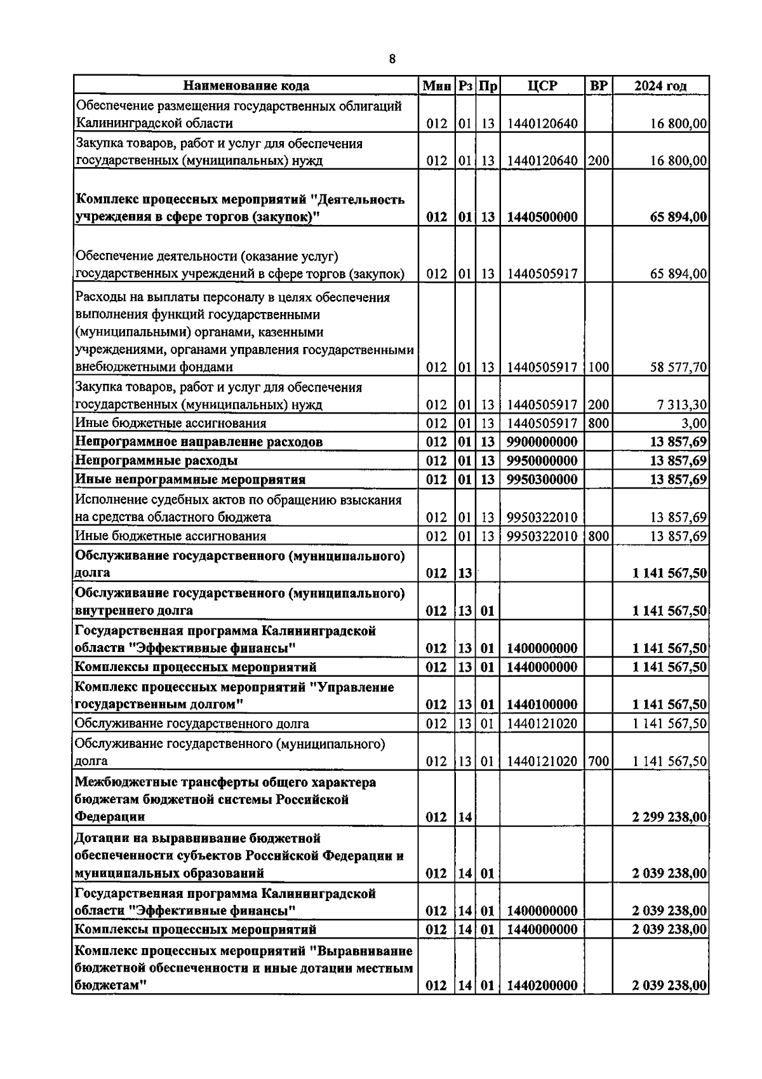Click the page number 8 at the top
click(x=392, y=59)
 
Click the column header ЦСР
click(x=542, y=86)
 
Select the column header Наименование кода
click(x=246, y=86)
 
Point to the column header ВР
click(x=598, y=86)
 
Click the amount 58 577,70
click(x=678, y=367)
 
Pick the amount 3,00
click(x=695, y=423)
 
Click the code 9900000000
click(x=542, y=442)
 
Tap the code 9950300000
click(x=542, y=479)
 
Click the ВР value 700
click(x=598, y=761)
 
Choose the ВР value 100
click(x=598, y=367)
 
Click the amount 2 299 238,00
click(x=669, y=817)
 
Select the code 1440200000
click(x=542, y=986)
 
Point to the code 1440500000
click(x=542, y=217)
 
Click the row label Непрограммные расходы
click(x=157, y=460)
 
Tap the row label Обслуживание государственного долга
click(x=192, y=723)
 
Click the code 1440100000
click(x=542, y=705)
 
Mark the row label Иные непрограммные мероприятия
click(x=190, y=479)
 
